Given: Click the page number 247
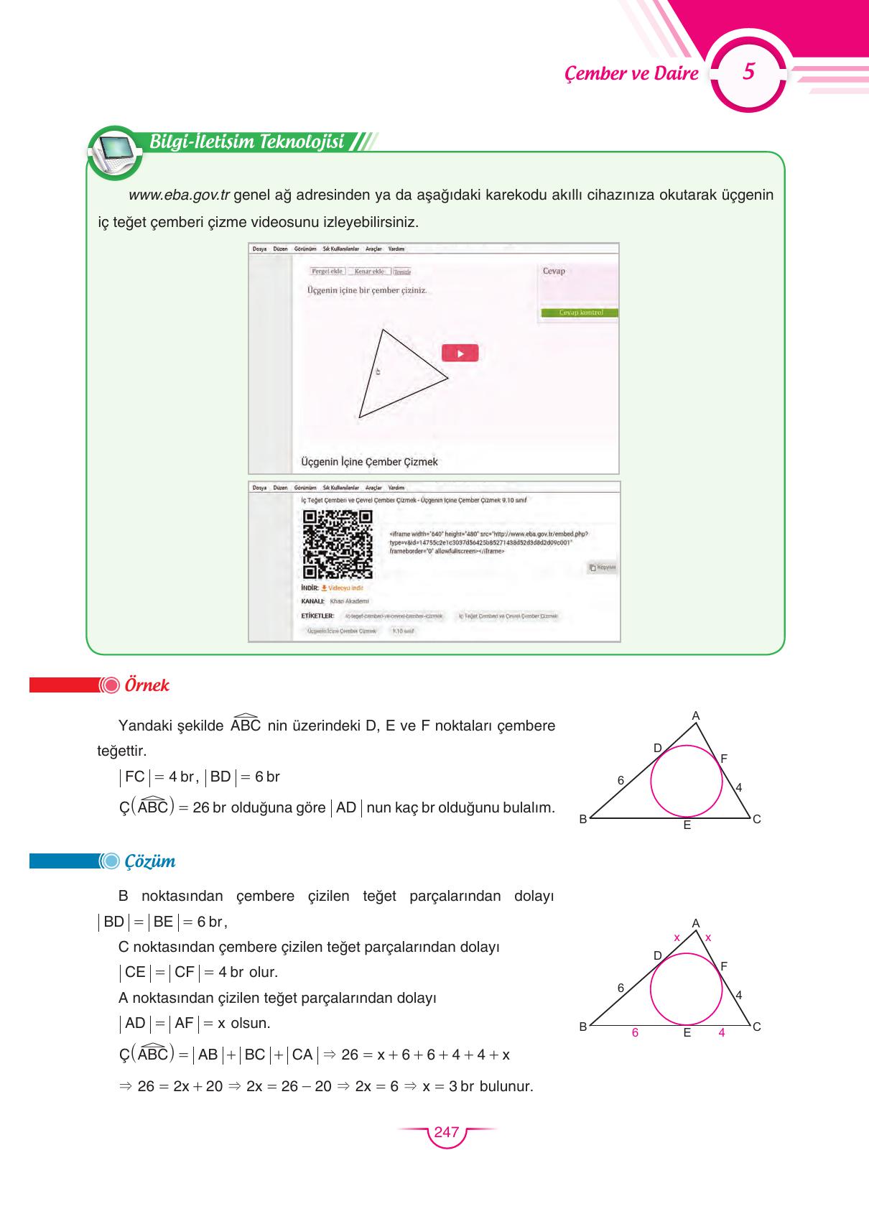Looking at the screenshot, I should click(446, 1132).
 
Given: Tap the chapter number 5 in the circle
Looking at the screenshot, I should click(748, 72).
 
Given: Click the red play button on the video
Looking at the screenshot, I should click(460, 353).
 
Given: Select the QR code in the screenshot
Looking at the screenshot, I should click(338, 545).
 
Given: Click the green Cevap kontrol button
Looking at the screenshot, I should click(579, 313).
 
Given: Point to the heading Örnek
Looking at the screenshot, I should click(147, 685).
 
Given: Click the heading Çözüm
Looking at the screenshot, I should click(149, 861).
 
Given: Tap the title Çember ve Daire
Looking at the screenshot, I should click(631, 73).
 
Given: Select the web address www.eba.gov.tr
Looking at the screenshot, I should click(179, 195).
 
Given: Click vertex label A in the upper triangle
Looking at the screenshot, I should click(695, 715).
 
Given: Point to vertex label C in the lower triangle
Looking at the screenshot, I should click(756, 1027).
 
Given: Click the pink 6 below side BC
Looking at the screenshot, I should click(635, 1032).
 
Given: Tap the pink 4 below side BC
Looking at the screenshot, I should click(721, 1032).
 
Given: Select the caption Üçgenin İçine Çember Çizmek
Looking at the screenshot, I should click(368, 462).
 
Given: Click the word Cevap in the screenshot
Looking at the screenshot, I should click(554, 271).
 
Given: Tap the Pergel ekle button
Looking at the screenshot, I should click(327, 271).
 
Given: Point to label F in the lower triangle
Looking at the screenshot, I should click(724, 966).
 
